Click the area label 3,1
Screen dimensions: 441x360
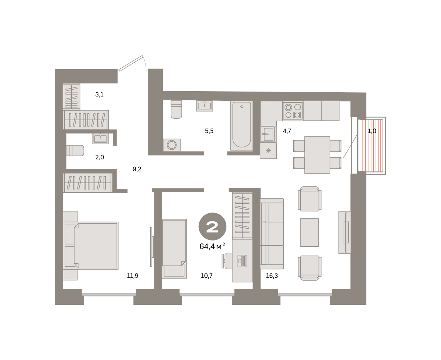click(99, 95)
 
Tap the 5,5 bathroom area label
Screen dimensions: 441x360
click(209, 131)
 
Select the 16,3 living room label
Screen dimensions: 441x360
click(272, 276)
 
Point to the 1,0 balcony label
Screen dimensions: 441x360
click(372, 131)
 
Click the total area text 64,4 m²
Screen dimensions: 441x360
click(212, 246)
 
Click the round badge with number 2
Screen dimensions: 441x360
click(212, 227)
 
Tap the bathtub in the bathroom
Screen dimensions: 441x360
click(241, 125)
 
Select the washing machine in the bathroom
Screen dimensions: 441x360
click(172, 145)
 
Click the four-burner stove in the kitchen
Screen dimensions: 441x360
click(293, 111)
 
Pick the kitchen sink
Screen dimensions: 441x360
click(268, 134)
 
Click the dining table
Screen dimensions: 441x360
click(317, 155)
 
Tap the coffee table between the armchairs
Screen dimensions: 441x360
click(309, 232)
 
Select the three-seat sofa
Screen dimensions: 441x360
click(272, 234)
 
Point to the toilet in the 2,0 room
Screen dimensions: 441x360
click(75, 151)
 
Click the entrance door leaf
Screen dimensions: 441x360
click(131, 63)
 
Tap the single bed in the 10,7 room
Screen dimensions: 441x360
click(174, 249)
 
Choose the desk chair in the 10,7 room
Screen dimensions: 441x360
click(227, 261)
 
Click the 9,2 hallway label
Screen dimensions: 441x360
click(137, 169)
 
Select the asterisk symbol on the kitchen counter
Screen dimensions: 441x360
click(268, 151)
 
